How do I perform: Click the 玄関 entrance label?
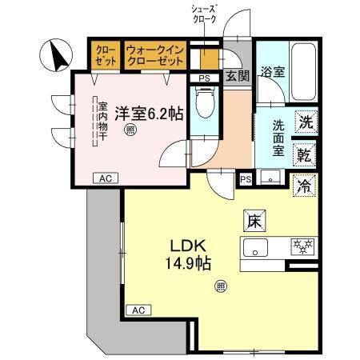236,76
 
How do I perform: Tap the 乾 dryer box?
305,154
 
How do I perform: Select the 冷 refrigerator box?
305,186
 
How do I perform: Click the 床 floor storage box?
251,218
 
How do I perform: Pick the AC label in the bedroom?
103,178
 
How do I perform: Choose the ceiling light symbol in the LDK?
221,286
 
